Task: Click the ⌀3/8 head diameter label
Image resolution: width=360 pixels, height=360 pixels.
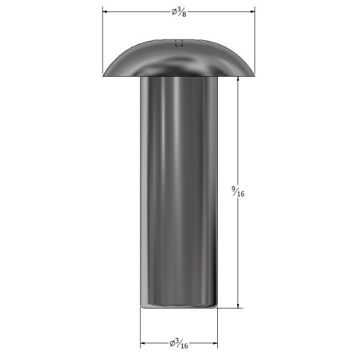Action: pyautogui.click(x=179, y=12)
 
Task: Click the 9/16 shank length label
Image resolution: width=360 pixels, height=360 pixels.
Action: pyautogui.click(x=238, y=191)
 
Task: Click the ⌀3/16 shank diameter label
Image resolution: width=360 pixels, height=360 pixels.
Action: pyautogui.click(x=179, y=343)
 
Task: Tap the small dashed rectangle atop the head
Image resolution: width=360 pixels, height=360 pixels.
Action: pyautogui.click(x=179, y=43)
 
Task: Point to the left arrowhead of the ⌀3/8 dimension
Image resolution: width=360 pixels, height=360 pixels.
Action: pyautogui.click(x=105, y=11)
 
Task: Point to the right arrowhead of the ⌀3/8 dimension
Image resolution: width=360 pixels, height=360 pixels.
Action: pyautogui.click(x=252, y=11)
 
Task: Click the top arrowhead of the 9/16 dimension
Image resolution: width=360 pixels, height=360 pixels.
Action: pyautogui.click(x=238, y=79)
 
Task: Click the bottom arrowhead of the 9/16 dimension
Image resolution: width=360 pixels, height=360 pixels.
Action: pyautogui.click(x=238, y=305)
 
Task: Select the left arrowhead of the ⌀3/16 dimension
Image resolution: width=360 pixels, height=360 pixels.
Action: pyautogui.click(x=143, y=343)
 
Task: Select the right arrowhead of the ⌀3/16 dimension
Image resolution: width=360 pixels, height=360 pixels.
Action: pyautogui.click(x=215, y=343)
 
